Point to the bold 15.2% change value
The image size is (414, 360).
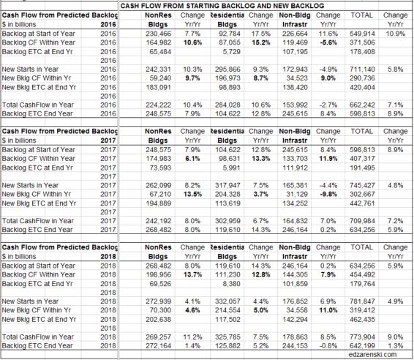pyautogui.click(x=260, y=42)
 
